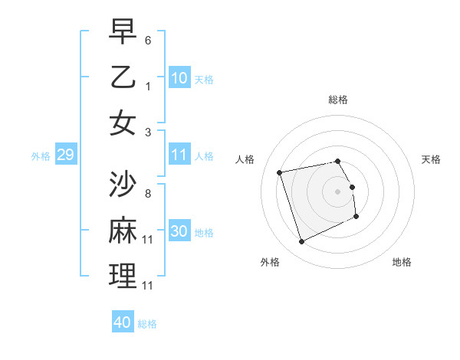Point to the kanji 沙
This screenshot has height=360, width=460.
coord(123,185)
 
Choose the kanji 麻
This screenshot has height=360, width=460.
coord(123,231)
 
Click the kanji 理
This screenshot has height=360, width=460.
coord(123,277)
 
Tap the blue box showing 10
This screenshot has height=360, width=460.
coord(179,78)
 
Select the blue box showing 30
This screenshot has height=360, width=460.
coord(179,232)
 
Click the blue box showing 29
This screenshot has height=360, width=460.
coord(65,155)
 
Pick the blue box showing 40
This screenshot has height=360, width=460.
coord(123,322)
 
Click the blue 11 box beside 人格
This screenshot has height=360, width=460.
coord(179,155)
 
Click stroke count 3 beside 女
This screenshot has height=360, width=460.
coord(148,131)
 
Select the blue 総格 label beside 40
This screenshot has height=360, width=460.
coord(148,324)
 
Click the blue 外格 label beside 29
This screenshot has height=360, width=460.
coord(41,156)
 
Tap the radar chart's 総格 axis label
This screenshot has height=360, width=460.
coord(338,100)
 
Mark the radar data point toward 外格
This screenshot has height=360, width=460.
coord(301,242)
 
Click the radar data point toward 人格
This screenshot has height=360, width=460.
coord(280,172)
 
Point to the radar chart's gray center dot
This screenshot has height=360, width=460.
coord(338,191)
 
